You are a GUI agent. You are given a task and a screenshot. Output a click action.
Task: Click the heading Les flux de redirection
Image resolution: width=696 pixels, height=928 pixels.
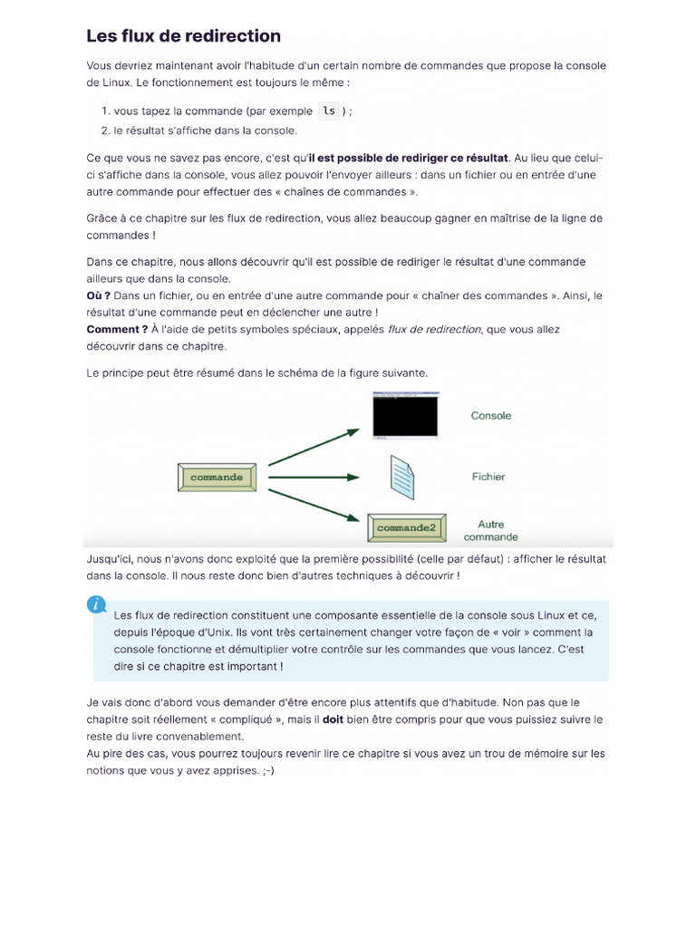tap(183, 36)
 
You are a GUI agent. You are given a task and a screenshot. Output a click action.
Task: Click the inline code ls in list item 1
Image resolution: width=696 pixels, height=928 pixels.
tap(329, 111)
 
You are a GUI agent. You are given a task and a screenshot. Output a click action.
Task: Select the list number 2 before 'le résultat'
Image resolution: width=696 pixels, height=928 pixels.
tap(105, 130)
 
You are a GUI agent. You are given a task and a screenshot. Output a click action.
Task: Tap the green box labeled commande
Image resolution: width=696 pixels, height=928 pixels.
tap(217, 477)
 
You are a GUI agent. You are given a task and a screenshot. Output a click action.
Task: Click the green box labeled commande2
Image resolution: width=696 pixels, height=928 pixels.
tap(406, 527)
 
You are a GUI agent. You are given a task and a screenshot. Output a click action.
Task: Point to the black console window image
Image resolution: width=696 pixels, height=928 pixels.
tap(405, 416)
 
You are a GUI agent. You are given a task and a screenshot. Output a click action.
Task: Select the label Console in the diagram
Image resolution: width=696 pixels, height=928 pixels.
tap(490, 416)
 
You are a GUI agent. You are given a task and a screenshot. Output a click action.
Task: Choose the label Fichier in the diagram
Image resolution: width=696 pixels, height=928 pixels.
tap(488, 477)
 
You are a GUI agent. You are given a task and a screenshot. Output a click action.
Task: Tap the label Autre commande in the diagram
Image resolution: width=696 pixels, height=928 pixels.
tap(490, 530)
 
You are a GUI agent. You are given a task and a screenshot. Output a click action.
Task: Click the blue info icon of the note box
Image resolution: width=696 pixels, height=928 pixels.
tap(97, 604)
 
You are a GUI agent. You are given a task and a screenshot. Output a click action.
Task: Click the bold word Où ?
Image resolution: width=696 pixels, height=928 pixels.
tap(98, 295)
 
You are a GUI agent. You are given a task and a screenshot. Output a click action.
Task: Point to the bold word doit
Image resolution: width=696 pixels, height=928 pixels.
tap(333, 720)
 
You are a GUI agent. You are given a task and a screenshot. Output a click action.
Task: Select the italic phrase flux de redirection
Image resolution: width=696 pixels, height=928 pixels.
tap(434, 329)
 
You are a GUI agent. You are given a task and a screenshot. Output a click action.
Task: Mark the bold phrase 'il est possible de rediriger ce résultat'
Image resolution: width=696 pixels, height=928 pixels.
tap(409, 158)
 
